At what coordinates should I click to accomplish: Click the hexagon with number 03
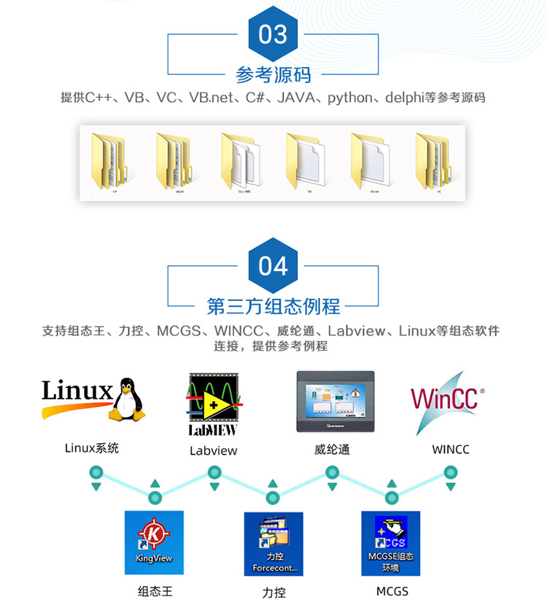[273, 34]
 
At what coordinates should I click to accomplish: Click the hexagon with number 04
[273, 266]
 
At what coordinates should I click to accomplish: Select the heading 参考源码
[273, 74]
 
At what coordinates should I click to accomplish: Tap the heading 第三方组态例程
[273, 305]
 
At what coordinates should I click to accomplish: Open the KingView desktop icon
[154, 542]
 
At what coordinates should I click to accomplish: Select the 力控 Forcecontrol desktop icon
[273, 543]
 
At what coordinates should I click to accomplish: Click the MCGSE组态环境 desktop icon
[391, 543]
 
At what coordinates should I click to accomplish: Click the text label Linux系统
[92, 448]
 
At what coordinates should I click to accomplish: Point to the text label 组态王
[155, 591]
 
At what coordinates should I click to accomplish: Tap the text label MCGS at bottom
[392, 591]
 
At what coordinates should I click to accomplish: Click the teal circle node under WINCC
[451, 472]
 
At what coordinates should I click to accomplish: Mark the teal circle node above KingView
[155, 498]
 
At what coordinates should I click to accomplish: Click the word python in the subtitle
[350, 98]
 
